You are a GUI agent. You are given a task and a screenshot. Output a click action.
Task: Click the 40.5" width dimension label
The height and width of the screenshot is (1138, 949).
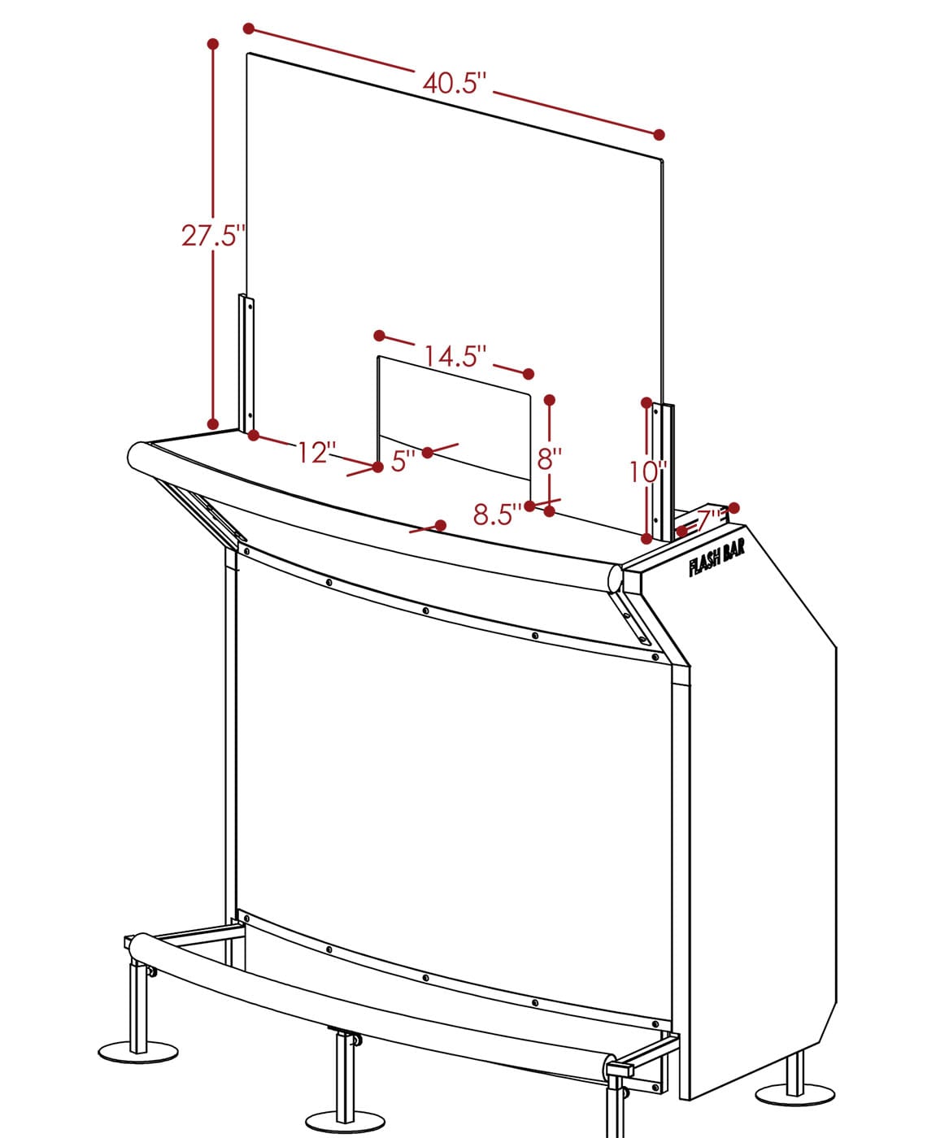click(x=454, y=84)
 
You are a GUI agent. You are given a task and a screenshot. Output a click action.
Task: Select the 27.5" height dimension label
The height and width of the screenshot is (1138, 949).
click(x=211, y=236)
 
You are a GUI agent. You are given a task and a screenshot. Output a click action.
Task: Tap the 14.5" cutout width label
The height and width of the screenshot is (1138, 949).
click(x=455, y=357)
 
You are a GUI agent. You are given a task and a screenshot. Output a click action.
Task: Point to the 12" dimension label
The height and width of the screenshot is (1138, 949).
click(x=316, y=453)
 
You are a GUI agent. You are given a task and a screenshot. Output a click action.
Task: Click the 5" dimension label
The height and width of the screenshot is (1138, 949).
click(x=404, y=463)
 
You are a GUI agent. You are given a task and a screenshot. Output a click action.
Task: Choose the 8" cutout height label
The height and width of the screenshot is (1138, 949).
click(x=549, y=458)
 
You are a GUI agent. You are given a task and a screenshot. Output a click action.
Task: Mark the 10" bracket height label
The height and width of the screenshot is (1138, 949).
click(x=648, y=472)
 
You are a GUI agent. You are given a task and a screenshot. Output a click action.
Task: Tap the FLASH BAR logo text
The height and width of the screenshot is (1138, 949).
click(x=716, y=560)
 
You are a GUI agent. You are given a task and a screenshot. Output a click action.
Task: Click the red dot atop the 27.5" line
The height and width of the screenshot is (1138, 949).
click(x=213, y=44)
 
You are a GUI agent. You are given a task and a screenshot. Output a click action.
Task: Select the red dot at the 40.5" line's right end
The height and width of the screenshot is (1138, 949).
click(x=659, y=135)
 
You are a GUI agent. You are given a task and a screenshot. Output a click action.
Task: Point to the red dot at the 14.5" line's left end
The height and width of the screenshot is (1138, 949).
click(x=380, y=335)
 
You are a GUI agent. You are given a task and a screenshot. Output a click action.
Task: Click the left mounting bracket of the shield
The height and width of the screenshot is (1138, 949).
click(x=246, y=363)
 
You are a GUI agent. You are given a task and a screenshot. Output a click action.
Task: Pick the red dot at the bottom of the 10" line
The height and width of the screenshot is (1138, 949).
click(x=646, y=539)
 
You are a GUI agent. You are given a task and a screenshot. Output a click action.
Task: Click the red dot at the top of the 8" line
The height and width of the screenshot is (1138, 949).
click(x=550, y=400)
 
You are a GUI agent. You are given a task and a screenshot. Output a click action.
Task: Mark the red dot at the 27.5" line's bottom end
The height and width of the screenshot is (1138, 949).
click(x=213, y=424)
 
